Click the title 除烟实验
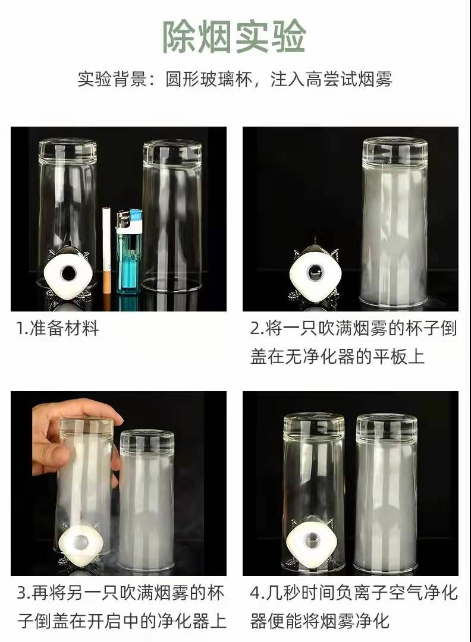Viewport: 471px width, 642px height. tap(235, 36)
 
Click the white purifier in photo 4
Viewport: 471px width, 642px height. tap(312, 539)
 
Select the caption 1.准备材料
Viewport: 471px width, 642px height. tap(58, 328)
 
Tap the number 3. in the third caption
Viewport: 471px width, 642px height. tap(24, 593)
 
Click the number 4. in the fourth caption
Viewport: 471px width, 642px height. tap(257, 593)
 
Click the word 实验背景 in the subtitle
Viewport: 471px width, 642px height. tap(112, 78)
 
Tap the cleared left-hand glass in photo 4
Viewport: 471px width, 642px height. tap(314, 492)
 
